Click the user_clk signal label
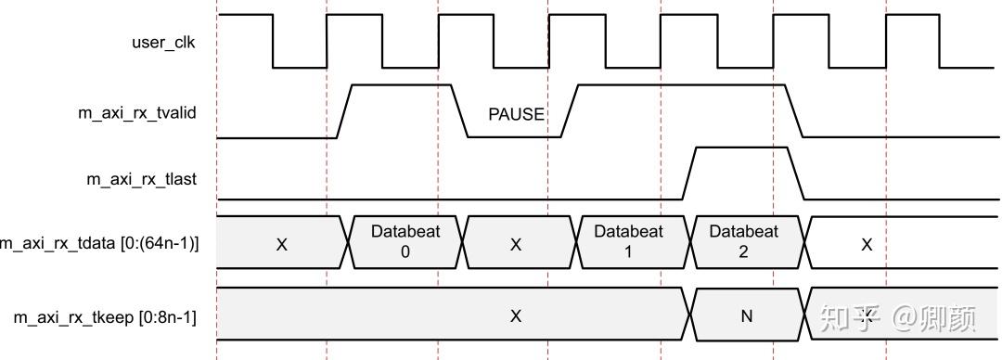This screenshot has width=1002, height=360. coord(163,43)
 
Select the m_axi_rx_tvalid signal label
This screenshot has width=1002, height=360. coord(136,112)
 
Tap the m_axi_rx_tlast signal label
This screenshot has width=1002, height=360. coord(142,179)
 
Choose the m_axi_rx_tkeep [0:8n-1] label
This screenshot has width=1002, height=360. coord(105,317)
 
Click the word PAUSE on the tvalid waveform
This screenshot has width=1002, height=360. coord(516,114)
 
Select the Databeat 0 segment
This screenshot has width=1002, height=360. coord(405,241)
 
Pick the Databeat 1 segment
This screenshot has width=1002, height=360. coord(629,241)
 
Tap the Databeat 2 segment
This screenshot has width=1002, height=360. coord(744,241)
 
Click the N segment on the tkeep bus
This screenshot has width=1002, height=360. coord(746,316)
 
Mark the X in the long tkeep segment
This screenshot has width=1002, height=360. coord(516,316)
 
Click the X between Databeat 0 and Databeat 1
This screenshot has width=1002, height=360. coord(516,244)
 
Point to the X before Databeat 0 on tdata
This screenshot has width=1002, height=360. coord(282,244)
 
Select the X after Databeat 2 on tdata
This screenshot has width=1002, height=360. coord(867,244)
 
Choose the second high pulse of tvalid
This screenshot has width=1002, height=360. coord(682,86)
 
